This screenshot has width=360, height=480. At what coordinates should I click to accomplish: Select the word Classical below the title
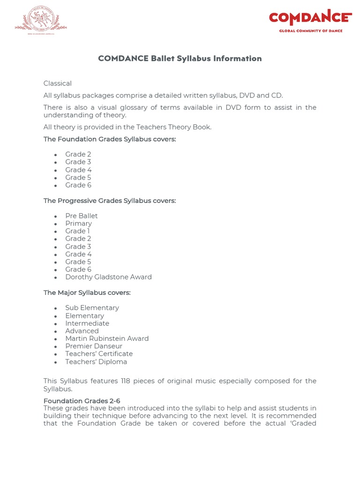[58, 83]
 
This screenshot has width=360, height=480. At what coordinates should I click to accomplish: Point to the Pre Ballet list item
[82, 216]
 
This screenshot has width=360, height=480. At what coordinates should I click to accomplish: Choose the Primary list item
[78, 224]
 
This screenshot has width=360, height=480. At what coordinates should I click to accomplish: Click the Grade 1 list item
[77, 231]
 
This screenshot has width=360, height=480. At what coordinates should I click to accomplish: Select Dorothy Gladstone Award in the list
[108, 277]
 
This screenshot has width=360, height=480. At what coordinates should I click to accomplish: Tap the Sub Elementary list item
[92, 307]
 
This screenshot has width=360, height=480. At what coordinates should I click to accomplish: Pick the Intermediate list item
[87, 323]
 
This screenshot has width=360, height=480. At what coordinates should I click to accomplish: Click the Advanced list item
[82, 331]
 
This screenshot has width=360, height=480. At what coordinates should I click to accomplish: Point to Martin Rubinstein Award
[107, 338]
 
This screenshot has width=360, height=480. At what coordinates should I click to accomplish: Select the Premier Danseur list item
[94, 346]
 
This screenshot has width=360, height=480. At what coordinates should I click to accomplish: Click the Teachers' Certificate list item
[99, 354]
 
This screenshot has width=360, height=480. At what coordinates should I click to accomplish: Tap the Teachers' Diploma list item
[96, 362]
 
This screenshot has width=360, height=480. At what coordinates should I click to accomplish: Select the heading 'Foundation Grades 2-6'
[82, 401]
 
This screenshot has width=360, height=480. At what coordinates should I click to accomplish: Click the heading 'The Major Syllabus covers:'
[87, 292]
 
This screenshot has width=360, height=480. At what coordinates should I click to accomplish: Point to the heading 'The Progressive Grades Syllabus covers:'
[110, 201]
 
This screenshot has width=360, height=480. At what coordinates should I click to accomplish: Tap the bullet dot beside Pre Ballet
[55, 217]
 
